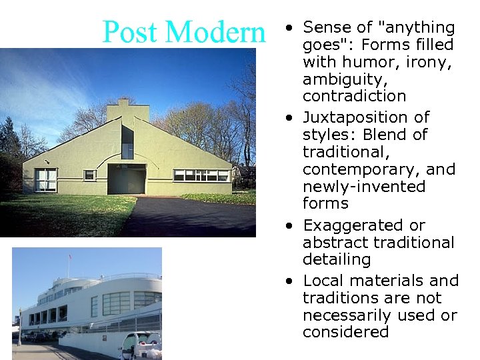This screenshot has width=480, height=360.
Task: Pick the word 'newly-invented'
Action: (x=364, y=187)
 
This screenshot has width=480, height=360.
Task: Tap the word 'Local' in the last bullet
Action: (x=325, y=280)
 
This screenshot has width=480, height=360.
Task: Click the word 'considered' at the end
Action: (x=345, y=332)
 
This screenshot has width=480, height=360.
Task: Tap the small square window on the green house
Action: (x=89, y=175)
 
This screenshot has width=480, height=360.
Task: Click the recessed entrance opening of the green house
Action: (x=127, y=179)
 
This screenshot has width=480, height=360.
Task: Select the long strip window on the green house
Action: (x=201, y=175)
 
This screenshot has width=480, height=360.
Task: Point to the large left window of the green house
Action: (x=45, y=179)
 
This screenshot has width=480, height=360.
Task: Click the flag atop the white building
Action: (x=69, y=257)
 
